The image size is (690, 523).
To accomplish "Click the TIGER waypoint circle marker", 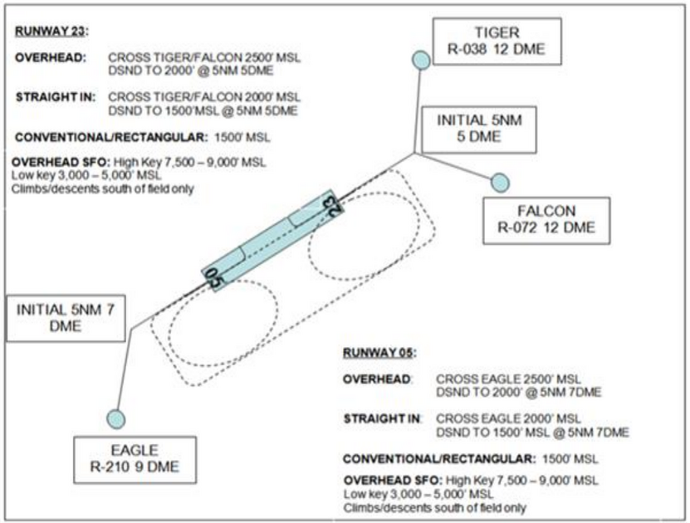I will point(421,60).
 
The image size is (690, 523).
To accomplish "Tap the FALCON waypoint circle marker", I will point(500,183).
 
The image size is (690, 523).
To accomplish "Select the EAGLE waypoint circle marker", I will point(115,418).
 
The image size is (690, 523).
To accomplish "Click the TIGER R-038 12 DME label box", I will point(497,42).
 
